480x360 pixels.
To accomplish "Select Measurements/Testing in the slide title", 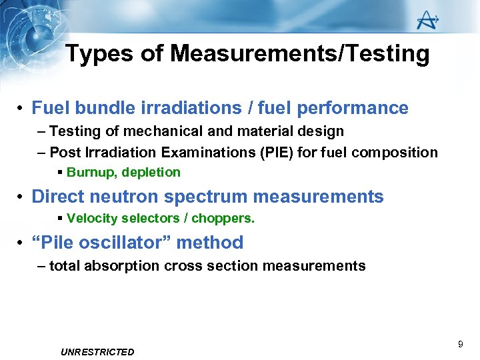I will pyautogui.click(x=300, y=53).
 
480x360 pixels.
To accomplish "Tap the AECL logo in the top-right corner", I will pyautogui.click(x=427, y=20).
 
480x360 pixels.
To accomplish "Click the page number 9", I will pyautogui.click(x=460, y=344).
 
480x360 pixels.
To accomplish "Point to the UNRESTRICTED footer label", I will pyautogui.click(x=97, y=352).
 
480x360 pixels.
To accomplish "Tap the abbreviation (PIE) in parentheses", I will pyautogui.click(x=279, y=153).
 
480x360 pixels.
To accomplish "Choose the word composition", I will pyautogui.click(x=395, y=153).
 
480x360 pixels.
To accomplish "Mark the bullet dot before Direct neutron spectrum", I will pyautogui.click(x=22, y=197).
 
